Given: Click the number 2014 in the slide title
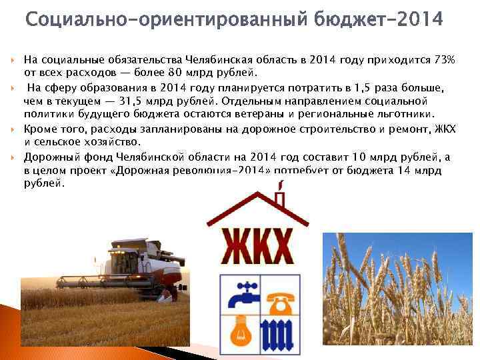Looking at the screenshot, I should click(x=417, y=20).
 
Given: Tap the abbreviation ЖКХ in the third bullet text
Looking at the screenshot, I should click(x=443, y=128).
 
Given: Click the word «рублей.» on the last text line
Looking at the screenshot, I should click(x=44, y=183).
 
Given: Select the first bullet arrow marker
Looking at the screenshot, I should click(x=12, y=60).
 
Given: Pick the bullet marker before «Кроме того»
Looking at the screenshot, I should click(x=12, y=128).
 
